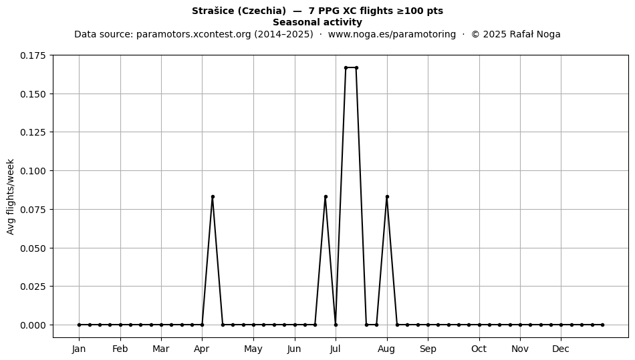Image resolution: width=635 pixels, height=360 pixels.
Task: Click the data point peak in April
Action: pyautogui.click(x=213, y=197)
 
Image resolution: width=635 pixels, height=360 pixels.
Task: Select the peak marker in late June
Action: pyautogui.click(x=326, y=197)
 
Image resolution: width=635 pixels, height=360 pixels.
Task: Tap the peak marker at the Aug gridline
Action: pyautogui.click(x=387, y=197)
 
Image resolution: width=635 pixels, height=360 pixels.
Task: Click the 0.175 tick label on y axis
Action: pyautogui.click(x=33, y=55)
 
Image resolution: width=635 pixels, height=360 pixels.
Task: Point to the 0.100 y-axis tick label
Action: pyautogui.click(x=33, y=171)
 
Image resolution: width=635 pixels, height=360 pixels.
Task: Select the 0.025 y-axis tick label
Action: pyautogui.click(x=33, y=287)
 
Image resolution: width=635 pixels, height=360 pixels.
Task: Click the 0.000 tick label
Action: pyautogui.click(x=33, y=325)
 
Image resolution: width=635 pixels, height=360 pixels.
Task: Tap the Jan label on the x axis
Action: pyautogui.click(x=79, y=349)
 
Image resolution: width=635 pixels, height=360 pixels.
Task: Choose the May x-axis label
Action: pyautogui.click(x=253, y=349)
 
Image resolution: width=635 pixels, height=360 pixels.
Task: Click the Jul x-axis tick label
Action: pyautogui.click(x=336, y=349)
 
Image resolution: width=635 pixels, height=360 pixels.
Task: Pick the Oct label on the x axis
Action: pyautogui.click(x=479, y=349)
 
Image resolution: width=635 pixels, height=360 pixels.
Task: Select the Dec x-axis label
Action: pyautogui.click(x=561, y=349)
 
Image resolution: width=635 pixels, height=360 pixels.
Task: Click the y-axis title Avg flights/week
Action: pyautogui.click(x=11, y=196)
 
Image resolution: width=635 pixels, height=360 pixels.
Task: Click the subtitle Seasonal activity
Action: pyautogui.click(x=317, y=22)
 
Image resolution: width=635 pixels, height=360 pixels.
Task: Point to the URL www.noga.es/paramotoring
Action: pyautogui.click(x=392, y=34)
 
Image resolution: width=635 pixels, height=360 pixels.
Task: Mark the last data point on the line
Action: pyautogui.click(x=603, y=325)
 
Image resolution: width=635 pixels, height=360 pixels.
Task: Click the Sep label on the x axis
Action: pyautogui.click(x=428, y=349)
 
